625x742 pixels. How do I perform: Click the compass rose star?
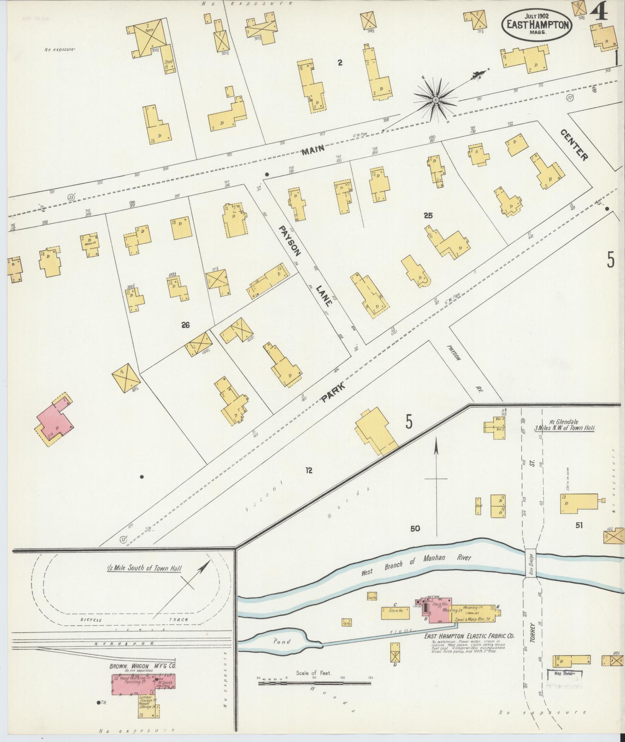pyautogui.click(x=435, y=100)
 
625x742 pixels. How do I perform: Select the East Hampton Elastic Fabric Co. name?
pyautogui.click(x=469, y=636)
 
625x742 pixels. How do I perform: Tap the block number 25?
pyautogui.click(x=428, y=216)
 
